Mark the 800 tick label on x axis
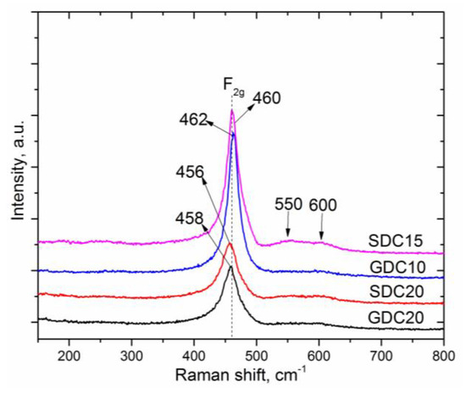click(x=443, y=351)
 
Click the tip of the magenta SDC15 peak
click(x=232, y=109)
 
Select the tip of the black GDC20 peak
click(x=230, y=267)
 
